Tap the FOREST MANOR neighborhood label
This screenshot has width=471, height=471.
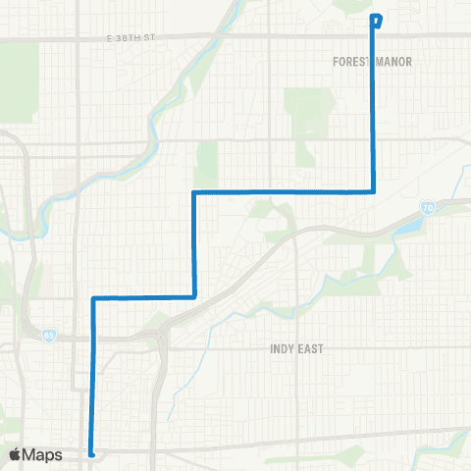coord(372,61)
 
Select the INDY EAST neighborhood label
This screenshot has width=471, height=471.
coord(296,348)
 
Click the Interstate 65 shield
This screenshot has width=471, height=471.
coord(49,336)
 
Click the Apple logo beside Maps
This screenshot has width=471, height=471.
coord(15,454)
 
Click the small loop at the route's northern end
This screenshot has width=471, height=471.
coord(376,19)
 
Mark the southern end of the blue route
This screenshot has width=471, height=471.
coord(91,453)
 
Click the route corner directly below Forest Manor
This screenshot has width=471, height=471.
coord(374,191)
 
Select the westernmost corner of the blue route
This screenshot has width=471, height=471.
coord(93,296)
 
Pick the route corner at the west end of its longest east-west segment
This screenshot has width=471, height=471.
coord(195,192)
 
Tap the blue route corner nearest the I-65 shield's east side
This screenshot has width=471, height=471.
coord(93,296)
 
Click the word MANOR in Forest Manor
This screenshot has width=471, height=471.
coord(392,61)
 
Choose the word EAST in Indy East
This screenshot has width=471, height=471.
coord(311,348)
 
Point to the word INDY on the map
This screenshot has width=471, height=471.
coord(282,348)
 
